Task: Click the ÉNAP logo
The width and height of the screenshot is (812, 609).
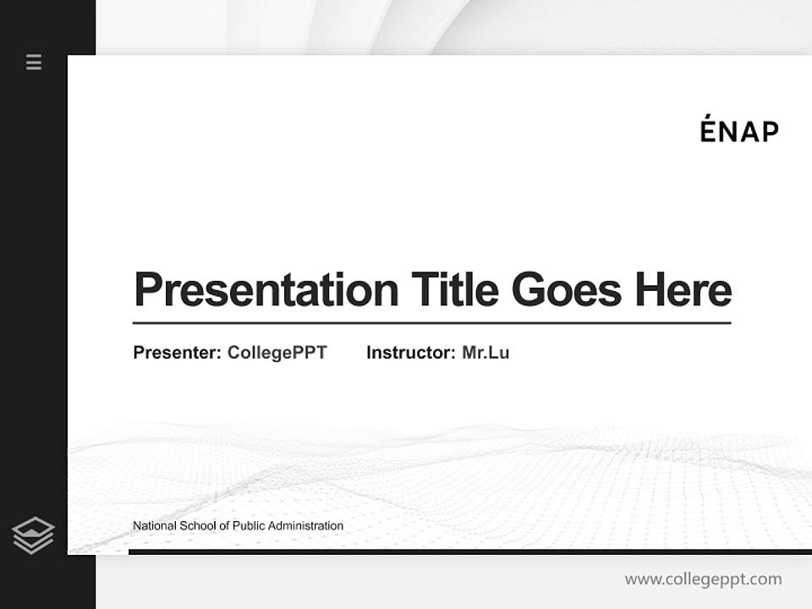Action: pyautogui.click(x=739, y=131)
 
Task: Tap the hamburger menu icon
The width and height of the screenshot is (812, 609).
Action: pyautogui.click(x=34, y=62)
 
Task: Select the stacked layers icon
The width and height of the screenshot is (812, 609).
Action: pyautogui.click(x=33, y=535)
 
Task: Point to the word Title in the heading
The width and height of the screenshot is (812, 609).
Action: pyautogui.click(x=455, y=290)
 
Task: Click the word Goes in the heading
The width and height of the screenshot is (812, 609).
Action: pyautogui.click(x=566, y=290)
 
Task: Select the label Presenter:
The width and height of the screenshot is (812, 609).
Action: pyautogui.click(x=178, y=353)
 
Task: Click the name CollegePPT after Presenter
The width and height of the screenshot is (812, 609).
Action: pyautogui.click(x=277, y=353)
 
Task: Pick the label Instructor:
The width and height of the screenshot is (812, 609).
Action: pyautogui.click(x=411, y=353)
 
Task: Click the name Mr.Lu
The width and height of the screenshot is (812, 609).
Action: pyautogui.click(x=486, y=353)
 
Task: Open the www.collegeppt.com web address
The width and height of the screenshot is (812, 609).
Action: pyautogui.click(x=703, y=579)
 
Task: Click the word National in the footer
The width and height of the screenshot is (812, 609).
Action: pyautogui.click(x=155, y=526)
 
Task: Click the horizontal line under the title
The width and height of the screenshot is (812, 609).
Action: pyautogui.click(x=431, y=322)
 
